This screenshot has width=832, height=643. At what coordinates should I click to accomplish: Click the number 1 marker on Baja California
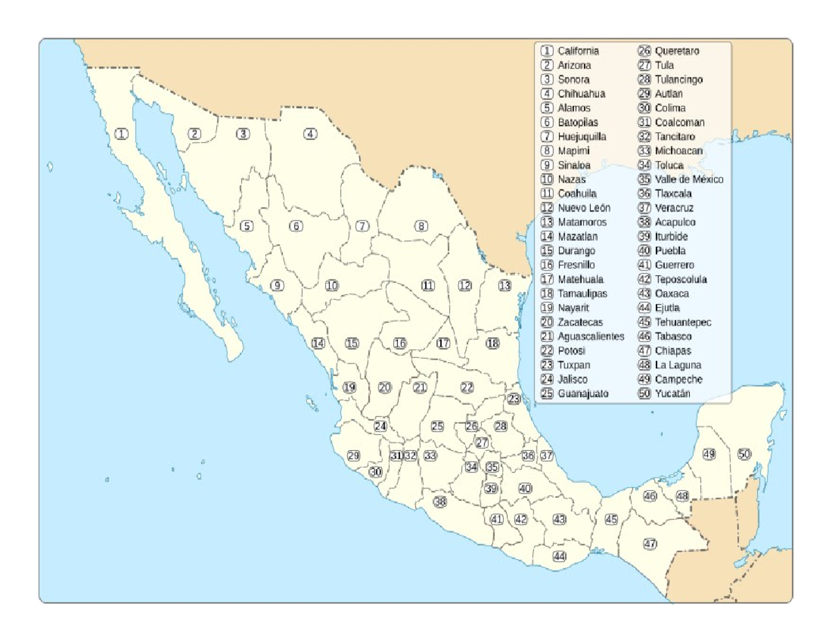[x=122, y=134]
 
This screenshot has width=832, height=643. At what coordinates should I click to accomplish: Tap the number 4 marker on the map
[x=311, y=134]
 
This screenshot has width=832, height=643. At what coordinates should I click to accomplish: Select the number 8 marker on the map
[x=421, y=225]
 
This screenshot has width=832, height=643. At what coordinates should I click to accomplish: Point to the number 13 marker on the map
[x=505, y=285]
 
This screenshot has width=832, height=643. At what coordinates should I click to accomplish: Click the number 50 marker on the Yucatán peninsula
[x=744, y=454]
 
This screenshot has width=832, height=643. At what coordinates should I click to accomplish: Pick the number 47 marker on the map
[x=650, y=543]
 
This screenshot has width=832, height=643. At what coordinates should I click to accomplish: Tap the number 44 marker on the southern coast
[x=560, y=556]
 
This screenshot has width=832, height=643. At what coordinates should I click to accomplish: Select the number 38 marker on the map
[x=440, y=501]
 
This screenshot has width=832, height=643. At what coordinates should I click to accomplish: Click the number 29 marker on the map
[x=354, y=456]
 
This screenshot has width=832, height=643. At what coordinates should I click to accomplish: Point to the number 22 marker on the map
[x=467, y=387]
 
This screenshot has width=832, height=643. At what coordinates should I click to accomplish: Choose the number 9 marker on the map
[x=277, y=285]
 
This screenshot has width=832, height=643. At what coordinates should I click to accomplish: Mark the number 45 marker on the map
[x=611, y=519]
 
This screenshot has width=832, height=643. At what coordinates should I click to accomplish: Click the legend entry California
[x=578, y=51]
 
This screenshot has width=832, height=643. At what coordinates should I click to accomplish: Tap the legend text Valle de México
[x=688, y=180]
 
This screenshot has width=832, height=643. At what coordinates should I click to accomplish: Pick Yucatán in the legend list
[x=673, y=393]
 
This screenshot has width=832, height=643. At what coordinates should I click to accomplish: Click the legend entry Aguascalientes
[x=591, y=336]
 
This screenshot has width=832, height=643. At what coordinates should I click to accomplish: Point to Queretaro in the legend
[x=677, y=51]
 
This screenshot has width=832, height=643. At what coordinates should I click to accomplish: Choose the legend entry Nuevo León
[x=584, y=208]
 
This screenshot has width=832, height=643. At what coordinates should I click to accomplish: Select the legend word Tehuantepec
[x=683, y=322]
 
